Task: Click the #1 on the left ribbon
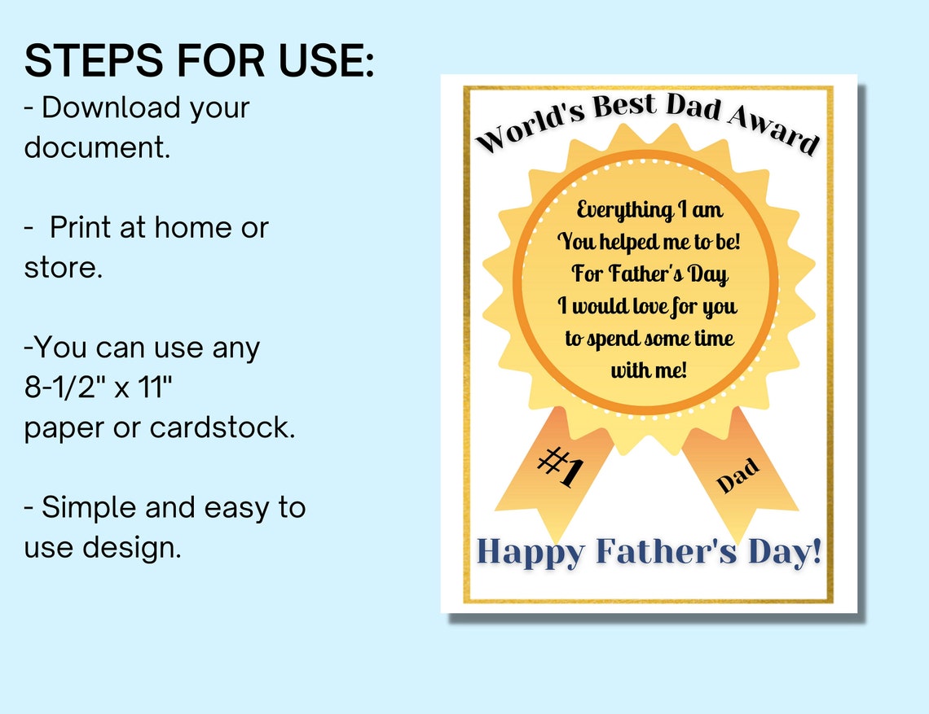[561, 470]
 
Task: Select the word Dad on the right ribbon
[738, 475]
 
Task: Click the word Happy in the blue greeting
[531, 552]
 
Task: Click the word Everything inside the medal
[623, 211]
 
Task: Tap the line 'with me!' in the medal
[649, 370]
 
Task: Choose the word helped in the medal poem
[632, 242]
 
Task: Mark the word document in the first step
[97, 147]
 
